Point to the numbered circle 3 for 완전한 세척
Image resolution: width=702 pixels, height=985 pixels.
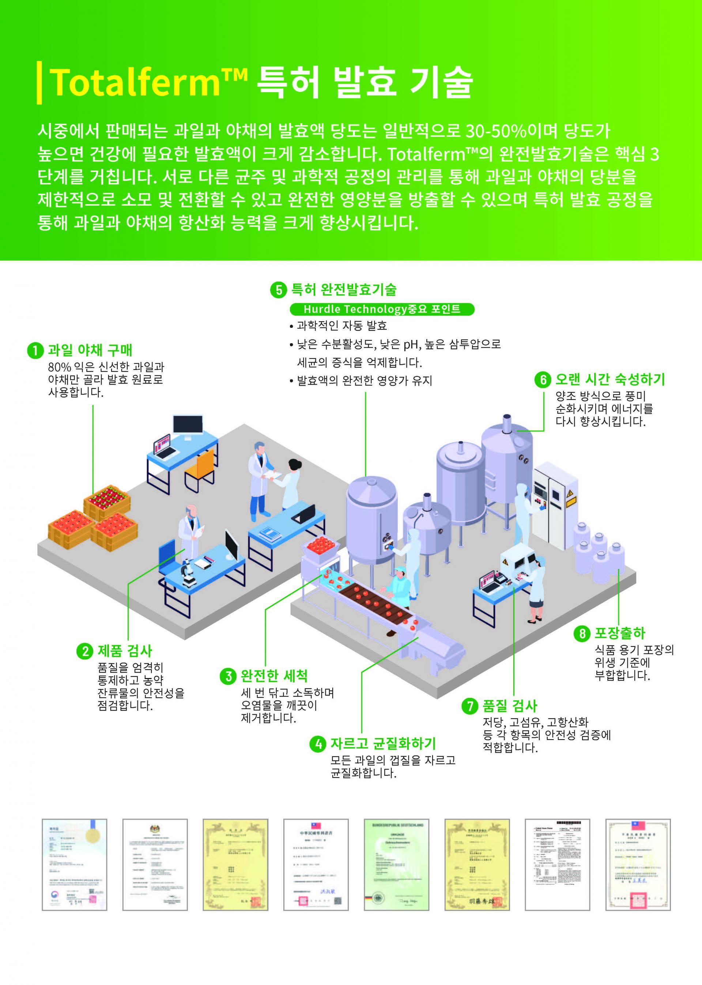tap(228, 676)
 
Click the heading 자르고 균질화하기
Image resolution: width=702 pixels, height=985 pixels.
tap(383, 744)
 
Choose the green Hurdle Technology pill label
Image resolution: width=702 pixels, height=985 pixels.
tap(382, 309)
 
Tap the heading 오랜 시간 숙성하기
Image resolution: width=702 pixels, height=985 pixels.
tap(609, 379)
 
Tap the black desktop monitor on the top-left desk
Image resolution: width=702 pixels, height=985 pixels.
tap(188, 425)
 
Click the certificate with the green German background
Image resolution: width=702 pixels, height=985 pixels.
tap(396, 864)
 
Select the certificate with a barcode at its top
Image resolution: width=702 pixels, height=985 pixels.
tap(557, 864)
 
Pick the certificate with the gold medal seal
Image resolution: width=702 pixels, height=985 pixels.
tap(74, 864)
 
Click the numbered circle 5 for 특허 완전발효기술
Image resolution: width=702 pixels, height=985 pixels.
tap(278, 290)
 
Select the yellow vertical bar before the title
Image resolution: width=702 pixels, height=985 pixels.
tap(40, 83)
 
